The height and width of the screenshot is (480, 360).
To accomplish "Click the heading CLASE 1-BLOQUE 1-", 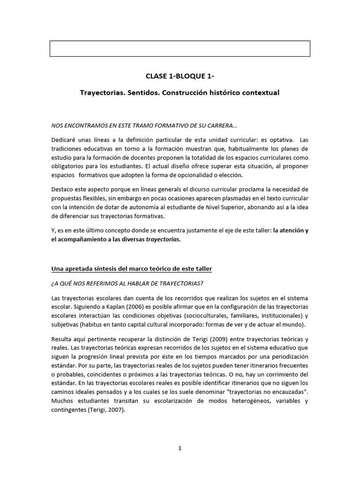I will [180, 76].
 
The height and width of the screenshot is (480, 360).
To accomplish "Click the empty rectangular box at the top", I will [180, 48].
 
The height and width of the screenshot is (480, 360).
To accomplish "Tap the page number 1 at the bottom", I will [180, 448].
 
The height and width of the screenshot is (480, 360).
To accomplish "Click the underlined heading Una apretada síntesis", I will [131, 269].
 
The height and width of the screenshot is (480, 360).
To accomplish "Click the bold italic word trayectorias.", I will [163, 239].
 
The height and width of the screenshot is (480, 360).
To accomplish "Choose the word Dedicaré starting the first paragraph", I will [64, 141].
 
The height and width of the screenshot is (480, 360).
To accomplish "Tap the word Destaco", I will [62, 189].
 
